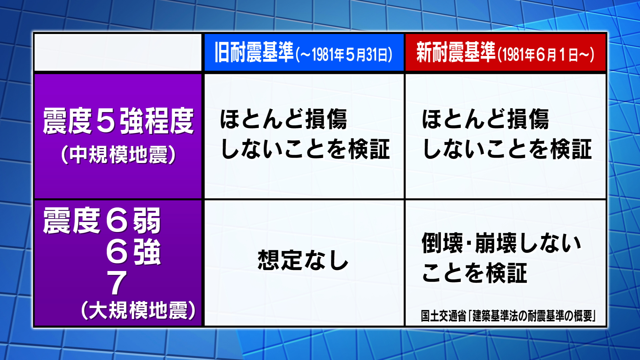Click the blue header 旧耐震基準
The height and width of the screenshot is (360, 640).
[254, 52]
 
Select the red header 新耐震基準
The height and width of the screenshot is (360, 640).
[456, 52]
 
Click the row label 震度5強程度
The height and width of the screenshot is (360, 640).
[118, 121]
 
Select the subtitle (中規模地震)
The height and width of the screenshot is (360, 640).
[118, 155]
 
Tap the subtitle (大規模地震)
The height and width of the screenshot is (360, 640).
[138, 310]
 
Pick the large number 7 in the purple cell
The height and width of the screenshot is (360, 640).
[117, 283]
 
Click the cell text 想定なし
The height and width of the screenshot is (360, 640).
[303, 260]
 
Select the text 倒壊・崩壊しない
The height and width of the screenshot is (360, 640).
[501, 242]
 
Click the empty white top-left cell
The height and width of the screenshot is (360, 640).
[118, 52]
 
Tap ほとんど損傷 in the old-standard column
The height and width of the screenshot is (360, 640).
[283, 119]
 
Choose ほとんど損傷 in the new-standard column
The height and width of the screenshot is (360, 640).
[485, 119]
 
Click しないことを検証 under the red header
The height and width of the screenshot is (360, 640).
[507, 149]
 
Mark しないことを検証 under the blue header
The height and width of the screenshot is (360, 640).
[305, 149]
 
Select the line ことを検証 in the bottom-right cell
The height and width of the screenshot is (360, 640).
[474, 273]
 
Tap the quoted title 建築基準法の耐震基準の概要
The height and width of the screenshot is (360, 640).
[531, 316]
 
